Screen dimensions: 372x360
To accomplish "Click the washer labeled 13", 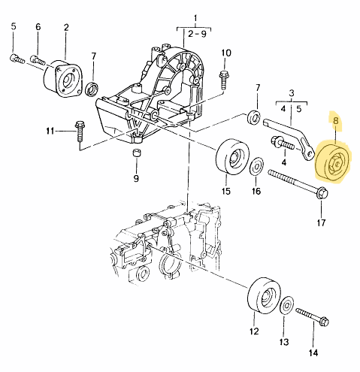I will (x=286, y=307).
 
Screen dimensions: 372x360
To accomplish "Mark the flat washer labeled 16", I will (x=256, y=165).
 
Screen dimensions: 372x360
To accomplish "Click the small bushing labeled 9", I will (x=137, y=155).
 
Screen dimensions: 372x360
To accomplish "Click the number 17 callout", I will (x=320, y=222).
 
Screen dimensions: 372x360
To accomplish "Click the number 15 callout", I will (x=225, y=191).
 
